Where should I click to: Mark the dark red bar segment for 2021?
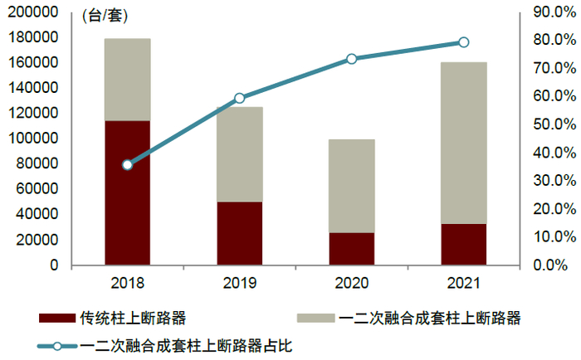point(463,244)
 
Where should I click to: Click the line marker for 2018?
point(127,165)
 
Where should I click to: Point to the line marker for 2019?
point(239,98)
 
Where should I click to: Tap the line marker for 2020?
point(351,59)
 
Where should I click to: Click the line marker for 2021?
point(463,42)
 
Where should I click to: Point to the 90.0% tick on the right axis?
point(549,12)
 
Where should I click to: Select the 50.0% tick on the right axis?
point(549,124)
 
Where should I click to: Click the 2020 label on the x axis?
point(351,284)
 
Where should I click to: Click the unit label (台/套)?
point(105,16)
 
